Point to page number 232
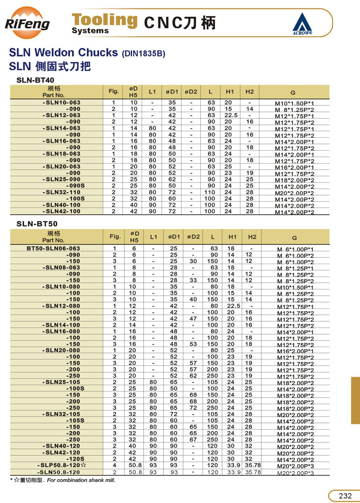[345, 495]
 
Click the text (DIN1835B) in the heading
[144, 54]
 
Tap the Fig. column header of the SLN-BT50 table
[115, 236]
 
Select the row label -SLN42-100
[62, 211]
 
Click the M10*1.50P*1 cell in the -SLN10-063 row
[295, 103]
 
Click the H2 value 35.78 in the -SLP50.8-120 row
[252, 464]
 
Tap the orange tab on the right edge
[355, 400]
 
